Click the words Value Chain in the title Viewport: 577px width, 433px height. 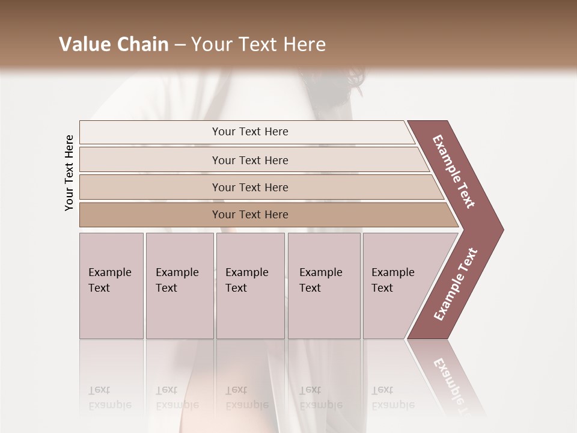114,45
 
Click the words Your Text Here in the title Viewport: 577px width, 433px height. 258,45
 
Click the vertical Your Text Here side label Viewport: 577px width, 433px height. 69,173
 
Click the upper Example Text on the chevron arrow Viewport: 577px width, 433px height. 454,171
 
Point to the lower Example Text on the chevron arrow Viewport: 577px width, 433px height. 456,284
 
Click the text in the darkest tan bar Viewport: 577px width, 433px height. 250,215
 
